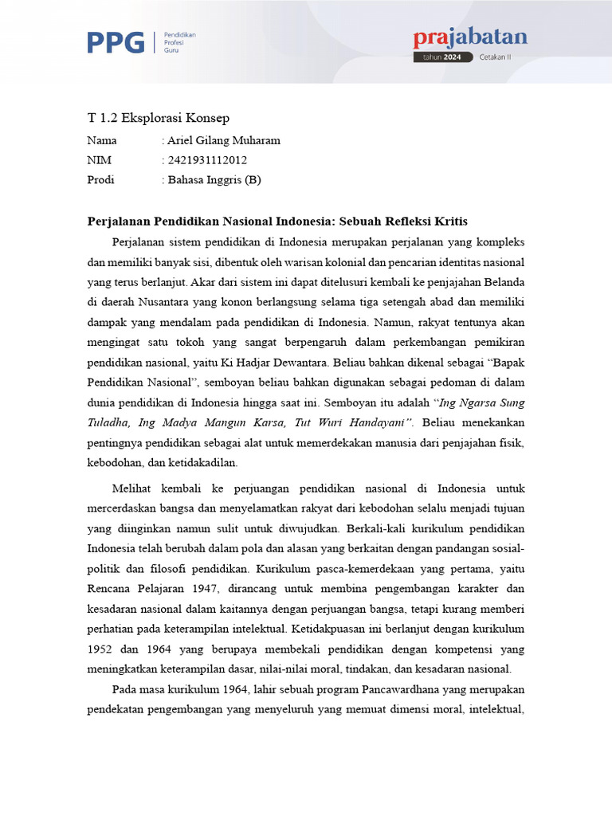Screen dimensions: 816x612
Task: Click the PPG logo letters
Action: [116, 42]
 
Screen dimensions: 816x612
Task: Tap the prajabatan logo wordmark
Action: [470, 37]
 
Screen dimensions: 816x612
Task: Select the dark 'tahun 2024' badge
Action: [443, 57]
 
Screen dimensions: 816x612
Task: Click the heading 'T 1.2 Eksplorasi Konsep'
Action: [158, 118]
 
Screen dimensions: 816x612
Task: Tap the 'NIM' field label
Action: [97, 160]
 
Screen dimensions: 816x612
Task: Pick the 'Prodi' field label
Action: [100, 180]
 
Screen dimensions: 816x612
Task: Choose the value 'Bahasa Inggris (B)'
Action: [214, 180]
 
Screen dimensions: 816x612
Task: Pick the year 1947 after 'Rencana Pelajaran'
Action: [209, 589]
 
